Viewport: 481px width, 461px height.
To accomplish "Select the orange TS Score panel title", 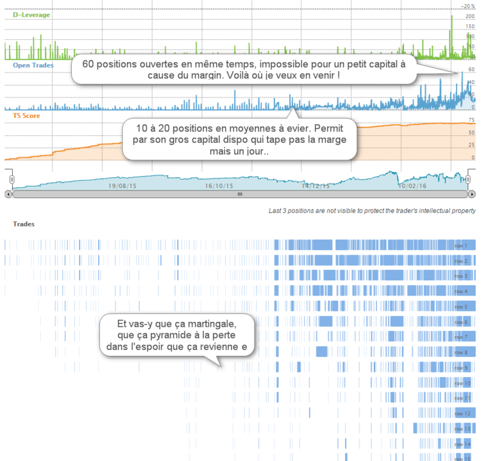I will point(26,115).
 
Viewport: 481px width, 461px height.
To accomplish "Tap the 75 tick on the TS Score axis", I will point(471,120).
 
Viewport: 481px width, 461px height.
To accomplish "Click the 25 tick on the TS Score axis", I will point(471,145).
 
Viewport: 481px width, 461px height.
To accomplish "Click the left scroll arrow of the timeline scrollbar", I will point(8,194).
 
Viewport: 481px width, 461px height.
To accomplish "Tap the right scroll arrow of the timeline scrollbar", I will point(472,194).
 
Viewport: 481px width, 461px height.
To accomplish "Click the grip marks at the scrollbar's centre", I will point(240,194).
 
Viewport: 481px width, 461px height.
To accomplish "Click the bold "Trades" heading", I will point(24,224).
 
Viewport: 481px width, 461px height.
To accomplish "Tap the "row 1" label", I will point(460,246).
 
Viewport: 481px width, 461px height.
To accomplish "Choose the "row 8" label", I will point(460,352).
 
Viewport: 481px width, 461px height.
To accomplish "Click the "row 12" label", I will point(462,414).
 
